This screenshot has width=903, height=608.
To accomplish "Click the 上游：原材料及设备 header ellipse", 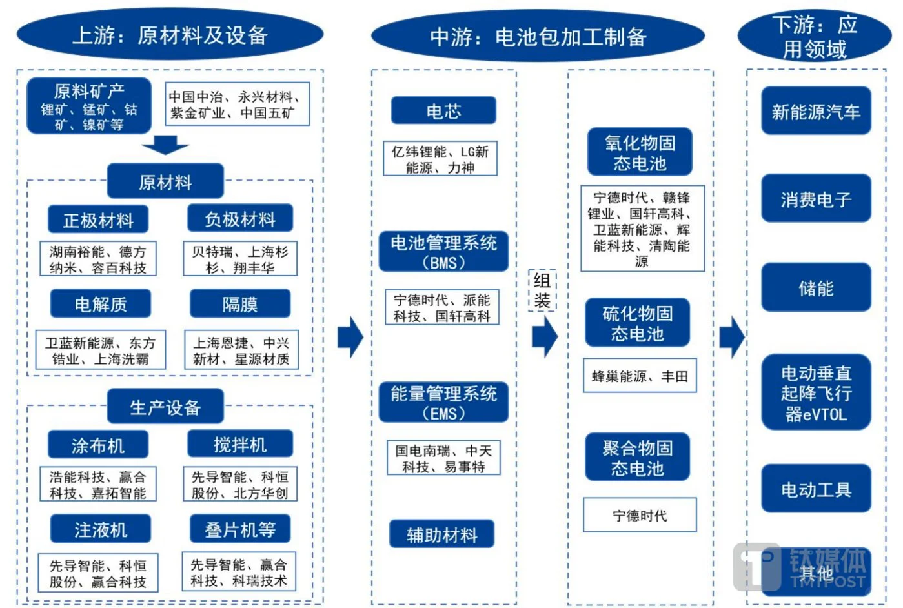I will (x=170, y=35).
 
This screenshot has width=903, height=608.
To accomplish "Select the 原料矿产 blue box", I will (x=89, y=106).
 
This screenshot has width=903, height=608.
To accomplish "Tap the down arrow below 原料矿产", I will (x=165, y=145).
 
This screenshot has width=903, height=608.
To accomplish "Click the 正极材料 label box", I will (x=98, y=220).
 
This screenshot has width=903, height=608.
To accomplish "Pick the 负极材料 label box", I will (x=240, y=219).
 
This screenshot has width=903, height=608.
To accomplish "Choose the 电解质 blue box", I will (x=101, y=304).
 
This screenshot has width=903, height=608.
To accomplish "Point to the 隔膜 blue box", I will (x=240, y=304).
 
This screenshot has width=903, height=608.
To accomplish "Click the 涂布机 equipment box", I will (x=98, y=445).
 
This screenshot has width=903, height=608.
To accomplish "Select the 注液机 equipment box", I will (x=101, y=530).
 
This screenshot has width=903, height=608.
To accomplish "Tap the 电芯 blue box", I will (x=443, y=111).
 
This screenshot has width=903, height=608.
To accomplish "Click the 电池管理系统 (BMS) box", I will (x=443, y=252).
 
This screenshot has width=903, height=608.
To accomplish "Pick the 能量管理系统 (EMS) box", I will (x=443, y=403).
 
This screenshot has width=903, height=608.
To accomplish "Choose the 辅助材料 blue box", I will (x=442, y=534).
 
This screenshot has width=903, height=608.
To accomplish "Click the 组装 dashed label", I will (x=542, y=291).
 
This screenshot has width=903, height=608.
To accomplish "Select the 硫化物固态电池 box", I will (x=638, y=323).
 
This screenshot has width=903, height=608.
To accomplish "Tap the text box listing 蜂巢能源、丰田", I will (x=640, y=376).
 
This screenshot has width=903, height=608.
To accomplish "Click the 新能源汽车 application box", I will (x=816, y=112).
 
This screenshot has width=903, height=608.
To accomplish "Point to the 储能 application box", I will (x=816, y=288).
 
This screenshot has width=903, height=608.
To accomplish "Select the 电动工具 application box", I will (x=816, y=490).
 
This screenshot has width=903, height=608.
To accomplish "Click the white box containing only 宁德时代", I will (x=640, y=515).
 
